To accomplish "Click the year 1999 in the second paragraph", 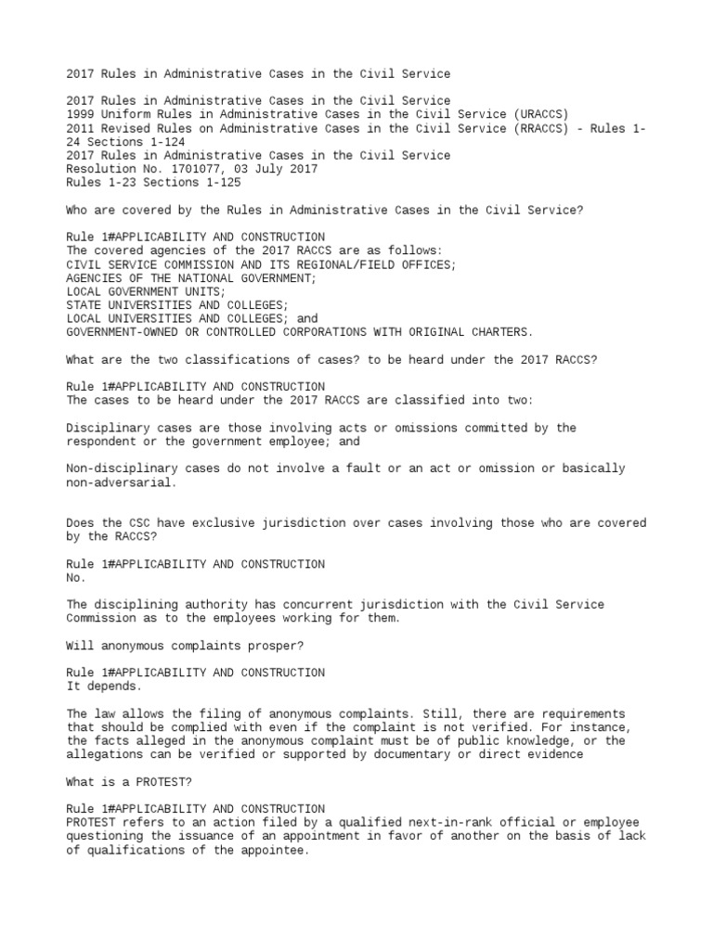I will [80, 114].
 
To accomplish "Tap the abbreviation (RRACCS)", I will [541, 128].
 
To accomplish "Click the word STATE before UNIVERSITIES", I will [84, 304].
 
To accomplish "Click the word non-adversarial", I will [122, 482].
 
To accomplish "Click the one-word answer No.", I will [76, 577].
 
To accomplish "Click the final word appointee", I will [274, 850].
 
